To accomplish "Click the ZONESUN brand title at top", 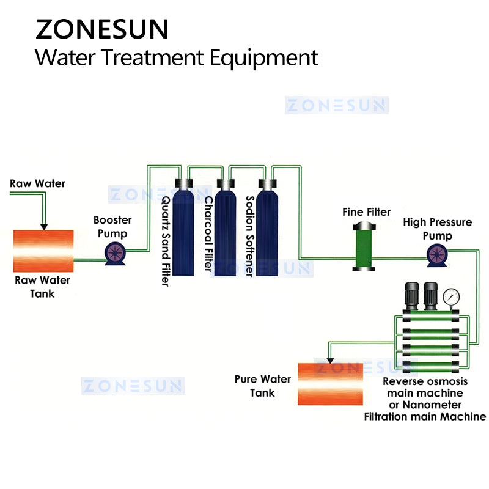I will point(101,29).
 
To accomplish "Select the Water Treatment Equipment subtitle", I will point(176,57).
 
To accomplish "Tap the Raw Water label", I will point(37,183).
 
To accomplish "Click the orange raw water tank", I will point(43,251).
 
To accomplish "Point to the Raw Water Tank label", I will point(43,287).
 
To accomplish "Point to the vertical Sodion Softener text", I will point(249,236).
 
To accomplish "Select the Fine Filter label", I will point(366,212).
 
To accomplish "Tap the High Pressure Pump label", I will point(437,229).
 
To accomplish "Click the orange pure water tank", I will point(330,384).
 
